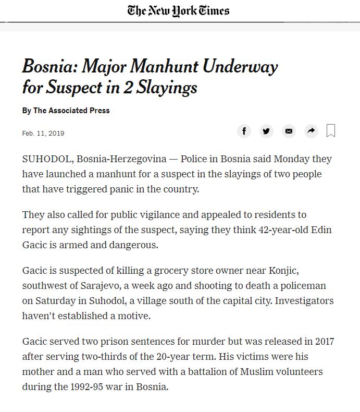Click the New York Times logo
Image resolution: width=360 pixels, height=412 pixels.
178,10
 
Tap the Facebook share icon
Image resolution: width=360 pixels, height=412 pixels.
244,131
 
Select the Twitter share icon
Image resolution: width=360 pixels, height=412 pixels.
266,131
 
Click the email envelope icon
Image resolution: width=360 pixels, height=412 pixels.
289,131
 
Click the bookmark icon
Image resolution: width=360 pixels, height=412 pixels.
331,130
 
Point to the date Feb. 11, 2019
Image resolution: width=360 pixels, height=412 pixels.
43,134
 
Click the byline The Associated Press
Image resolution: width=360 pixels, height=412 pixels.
71,111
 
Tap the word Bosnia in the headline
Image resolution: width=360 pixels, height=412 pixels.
48,67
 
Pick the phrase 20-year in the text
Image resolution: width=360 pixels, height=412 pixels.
146,357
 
